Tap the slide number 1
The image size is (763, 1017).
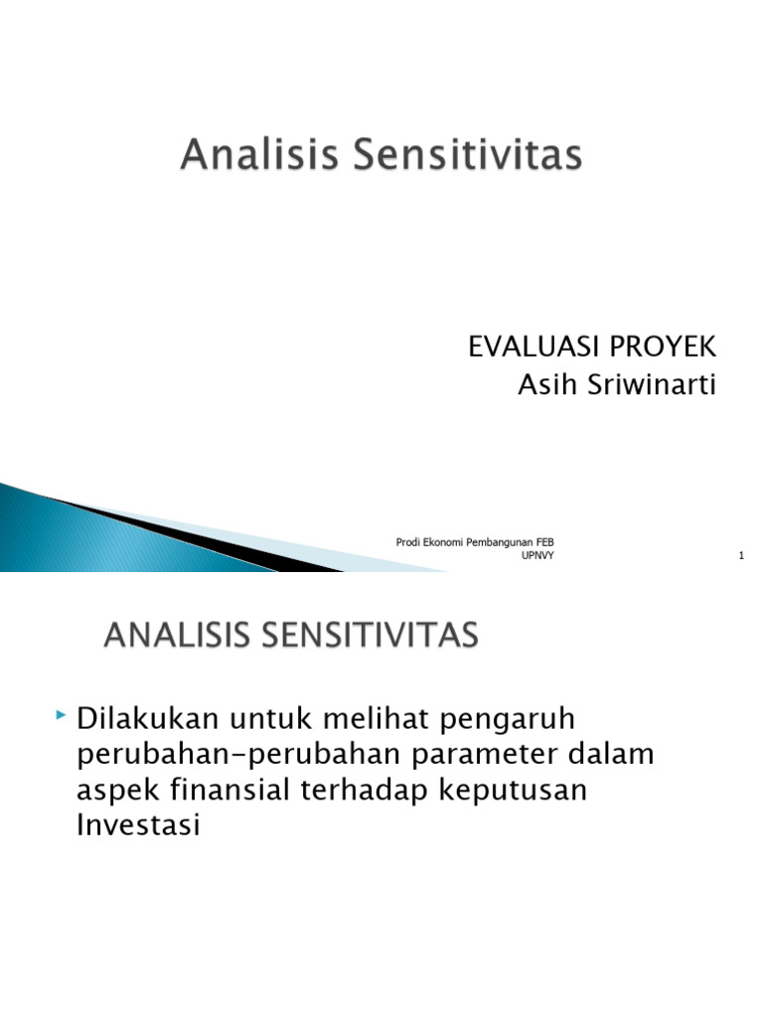[741, 556]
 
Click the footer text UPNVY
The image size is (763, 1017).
[538, 556]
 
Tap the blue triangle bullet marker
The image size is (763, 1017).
[62, 715]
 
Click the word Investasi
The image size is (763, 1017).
[138, 825]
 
